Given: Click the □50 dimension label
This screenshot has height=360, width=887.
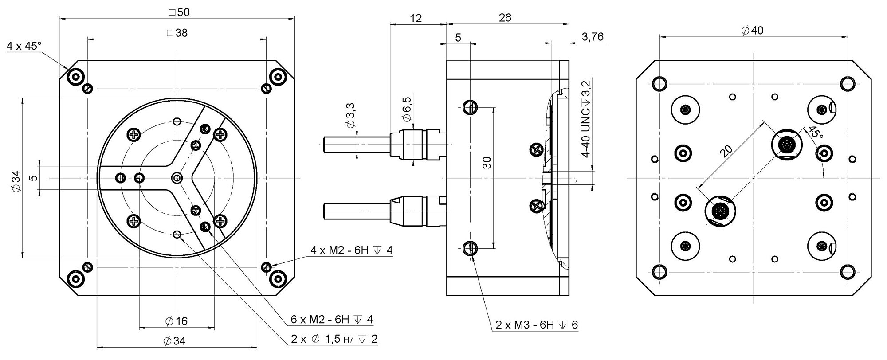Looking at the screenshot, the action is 179,12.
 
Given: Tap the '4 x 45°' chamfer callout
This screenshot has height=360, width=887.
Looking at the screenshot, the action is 24,46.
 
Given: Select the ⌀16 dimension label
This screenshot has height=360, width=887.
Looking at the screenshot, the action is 176,321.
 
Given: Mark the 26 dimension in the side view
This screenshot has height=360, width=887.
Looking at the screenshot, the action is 505,18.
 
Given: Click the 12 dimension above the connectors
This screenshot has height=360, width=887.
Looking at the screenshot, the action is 416,18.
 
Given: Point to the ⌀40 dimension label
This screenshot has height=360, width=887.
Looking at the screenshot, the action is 752,31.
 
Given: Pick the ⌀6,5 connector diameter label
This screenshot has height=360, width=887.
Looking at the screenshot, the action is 407,109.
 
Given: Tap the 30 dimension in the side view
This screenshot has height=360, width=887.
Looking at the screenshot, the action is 487,163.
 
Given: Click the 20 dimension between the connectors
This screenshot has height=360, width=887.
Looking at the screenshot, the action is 726,151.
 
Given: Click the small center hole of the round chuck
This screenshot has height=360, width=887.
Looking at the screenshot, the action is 177,178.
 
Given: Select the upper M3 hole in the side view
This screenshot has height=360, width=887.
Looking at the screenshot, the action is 470,106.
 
